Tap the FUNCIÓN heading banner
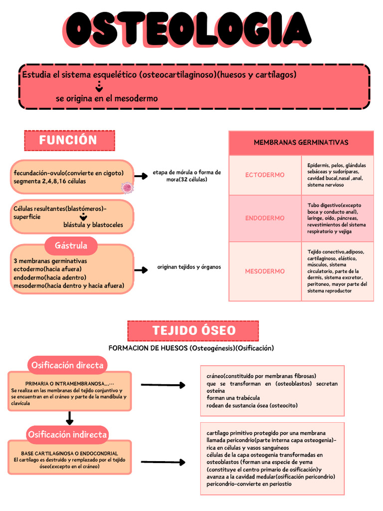tap(69, 140)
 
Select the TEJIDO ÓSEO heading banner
tap(193, 330)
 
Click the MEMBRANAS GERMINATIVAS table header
tap(301, 143)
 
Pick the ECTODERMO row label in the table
tap(265, 175)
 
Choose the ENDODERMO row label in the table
tap(265, 218)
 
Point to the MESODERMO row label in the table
tap(265, 271)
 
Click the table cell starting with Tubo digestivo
tap(337, 218)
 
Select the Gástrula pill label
tap(71, 246)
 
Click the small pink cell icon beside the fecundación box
tap(127, 188)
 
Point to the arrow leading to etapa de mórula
tap(141, 176)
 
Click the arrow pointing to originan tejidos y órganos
tap(141, 270)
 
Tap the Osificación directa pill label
tap(67, 365)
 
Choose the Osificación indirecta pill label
tap(67, 434)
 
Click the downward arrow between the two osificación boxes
tap(70, 418)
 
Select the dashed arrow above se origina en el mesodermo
tap(99, 88)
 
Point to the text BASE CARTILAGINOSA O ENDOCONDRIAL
tap(69, 453)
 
